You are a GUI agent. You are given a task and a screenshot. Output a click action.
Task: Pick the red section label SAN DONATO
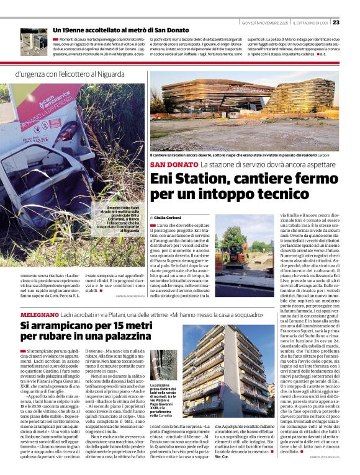(x=173, y=164)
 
